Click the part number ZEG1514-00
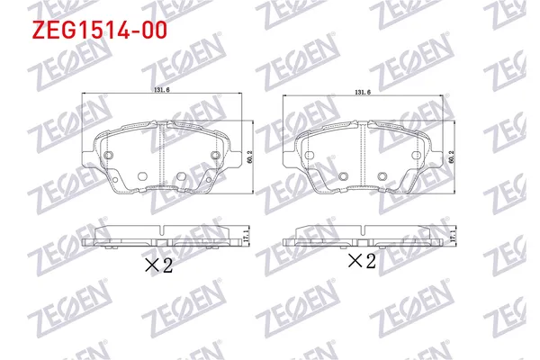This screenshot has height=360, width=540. pos(85,31)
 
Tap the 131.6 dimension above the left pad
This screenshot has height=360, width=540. pos(162,90)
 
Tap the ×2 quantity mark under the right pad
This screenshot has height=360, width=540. pos(361,261)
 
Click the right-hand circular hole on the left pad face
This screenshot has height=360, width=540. pos(216,157)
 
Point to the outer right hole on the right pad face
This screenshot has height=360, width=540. pos(418,157)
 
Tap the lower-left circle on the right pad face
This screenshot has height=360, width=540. pos(342,175)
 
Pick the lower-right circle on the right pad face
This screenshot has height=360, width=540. pos(382,175)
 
